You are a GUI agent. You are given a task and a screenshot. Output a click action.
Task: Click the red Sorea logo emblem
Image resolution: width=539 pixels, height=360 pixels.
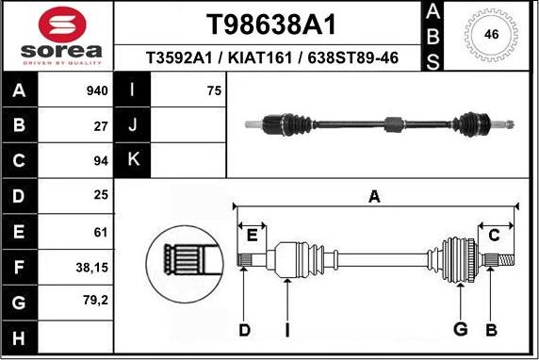[62, 25]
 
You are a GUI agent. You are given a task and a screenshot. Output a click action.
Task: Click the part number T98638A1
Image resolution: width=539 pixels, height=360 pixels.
[270, 25]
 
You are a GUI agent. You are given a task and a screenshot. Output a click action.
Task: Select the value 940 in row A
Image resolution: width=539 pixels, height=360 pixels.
[97, 90]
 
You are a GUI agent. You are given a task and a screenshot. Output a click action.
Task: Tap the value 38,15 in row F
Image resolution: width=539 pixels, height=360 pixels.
[92, 267]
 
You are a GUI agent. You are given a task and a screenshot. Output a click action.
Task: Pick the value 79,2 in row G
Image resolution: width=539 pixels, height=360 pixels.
[95, 301]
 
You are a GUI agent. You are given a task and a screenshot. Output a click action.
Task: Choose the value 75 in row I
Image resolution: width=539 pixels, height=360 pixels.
[214, 90]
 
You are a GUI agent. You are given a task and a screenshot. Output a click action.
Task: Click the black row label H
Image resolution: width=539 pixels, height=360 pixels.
[19, 337]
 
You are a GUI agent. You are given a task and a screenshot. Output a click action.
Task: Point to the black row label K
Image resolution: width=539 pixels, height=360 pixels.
[132, 159]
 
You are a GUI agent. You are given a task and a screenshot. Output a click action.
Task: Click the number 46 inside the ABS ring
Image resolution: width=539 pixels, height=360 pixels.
[491, 34]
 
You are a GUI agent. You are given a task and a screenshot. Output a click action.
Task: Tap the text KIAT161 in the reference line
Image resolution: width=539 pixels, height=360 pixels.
[260, 57]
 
